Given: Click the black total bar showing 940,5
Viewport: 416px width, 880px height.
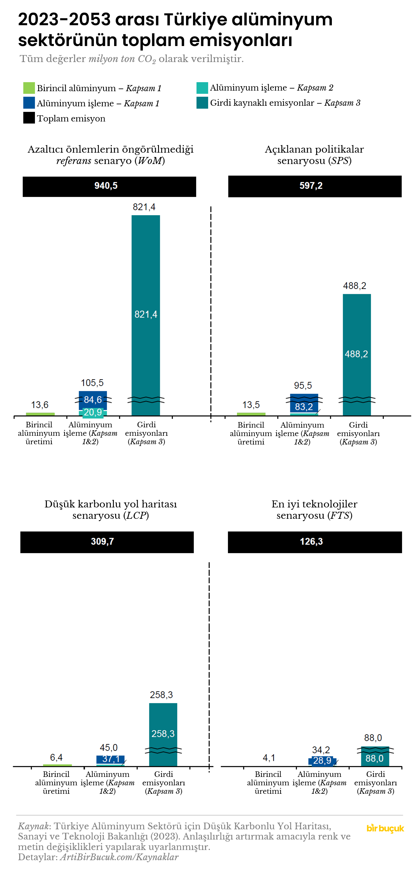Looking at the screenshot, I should tap(109, 186).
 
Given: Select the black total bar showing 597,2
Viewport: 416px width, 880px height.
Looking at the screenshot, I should tap(315, 186).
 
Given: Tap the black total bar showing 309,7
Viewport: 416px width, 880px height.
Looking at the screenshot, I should tap(107, 542).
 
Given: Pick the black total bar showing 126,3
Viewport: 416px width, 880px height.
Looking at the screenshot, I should tap(315, 542).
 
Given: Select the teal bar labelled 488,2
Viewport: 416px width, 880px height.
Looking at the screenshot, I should tap(357, 342).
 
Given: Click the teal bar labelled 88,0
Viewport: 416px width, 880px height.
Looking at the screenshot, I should tap(375, 759).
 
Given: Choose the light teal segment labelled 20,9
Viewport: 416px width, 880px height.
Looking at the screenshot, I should tap(93, 413).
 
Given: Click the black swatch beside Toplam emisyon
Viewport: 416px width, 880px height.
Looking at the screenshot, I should tap(29, 118).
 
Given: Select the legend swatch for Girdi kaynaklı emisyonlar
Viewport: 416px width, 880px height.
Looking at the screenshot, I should tap(202, 103).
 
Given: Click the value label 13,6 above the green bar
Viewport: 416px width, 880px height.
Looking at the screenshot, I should tap(40, 405).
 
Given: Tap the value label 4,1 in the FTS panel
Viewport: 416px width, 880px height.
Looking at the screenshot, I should tap(269, 758).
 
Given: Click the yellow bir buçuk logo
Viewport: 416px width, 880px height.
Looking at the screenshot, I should tap(385, 828).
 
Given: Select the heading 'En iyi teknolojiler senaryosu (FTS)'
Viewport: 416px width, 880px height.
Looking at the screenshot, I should tap(314, 510).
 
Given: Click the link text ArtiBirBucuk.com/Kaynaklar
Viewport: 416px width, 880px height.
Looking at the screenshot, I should tap(119, 857).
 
